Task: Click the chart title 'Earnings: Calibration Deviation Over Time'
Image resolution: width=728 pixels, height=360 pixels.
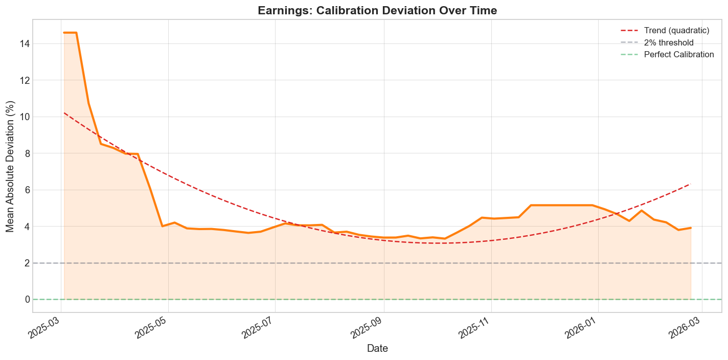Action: point(377,10)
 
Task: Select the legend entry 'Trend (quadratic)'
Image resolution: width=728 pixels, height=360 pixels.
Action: point(676,31)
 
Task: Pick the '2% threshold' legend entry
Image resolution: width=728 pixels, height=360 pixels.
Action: point(669,42)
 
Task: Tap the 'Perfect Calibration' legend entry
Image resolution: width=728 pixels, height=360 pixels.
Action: point(678,55)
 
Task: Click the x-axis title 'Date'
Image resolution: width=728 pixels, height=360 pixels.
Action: point(377,349)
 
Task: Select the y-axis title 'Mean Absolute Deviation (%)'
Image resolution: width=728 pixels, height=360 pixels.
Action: point(10,166)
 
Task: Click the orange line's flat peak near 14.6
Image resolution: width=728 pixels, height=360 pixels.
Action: point(70,33)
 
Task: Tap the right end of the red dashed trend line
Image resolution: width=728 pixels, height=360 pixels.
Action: point(691,184)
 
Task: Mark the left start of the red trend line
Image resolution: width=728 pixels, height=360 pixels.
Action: point(64,113)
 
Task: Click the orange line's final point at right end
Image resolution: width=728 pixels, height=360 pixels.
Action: point(691,228)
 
